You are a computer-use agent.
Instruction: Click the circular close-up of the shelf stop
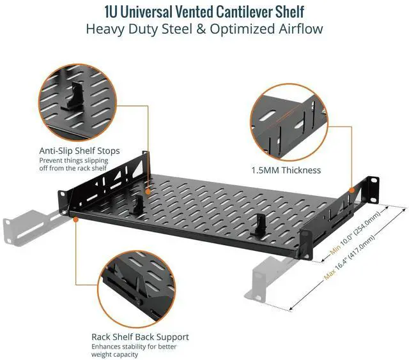pos(77,99)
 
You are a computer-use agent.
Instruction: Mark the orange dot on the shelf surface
pos(148,190)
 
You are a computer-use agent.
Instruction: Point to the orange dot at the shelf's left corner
pos(75,218)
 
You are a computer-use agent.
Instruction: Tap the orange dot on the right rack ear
pos(351,189)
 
